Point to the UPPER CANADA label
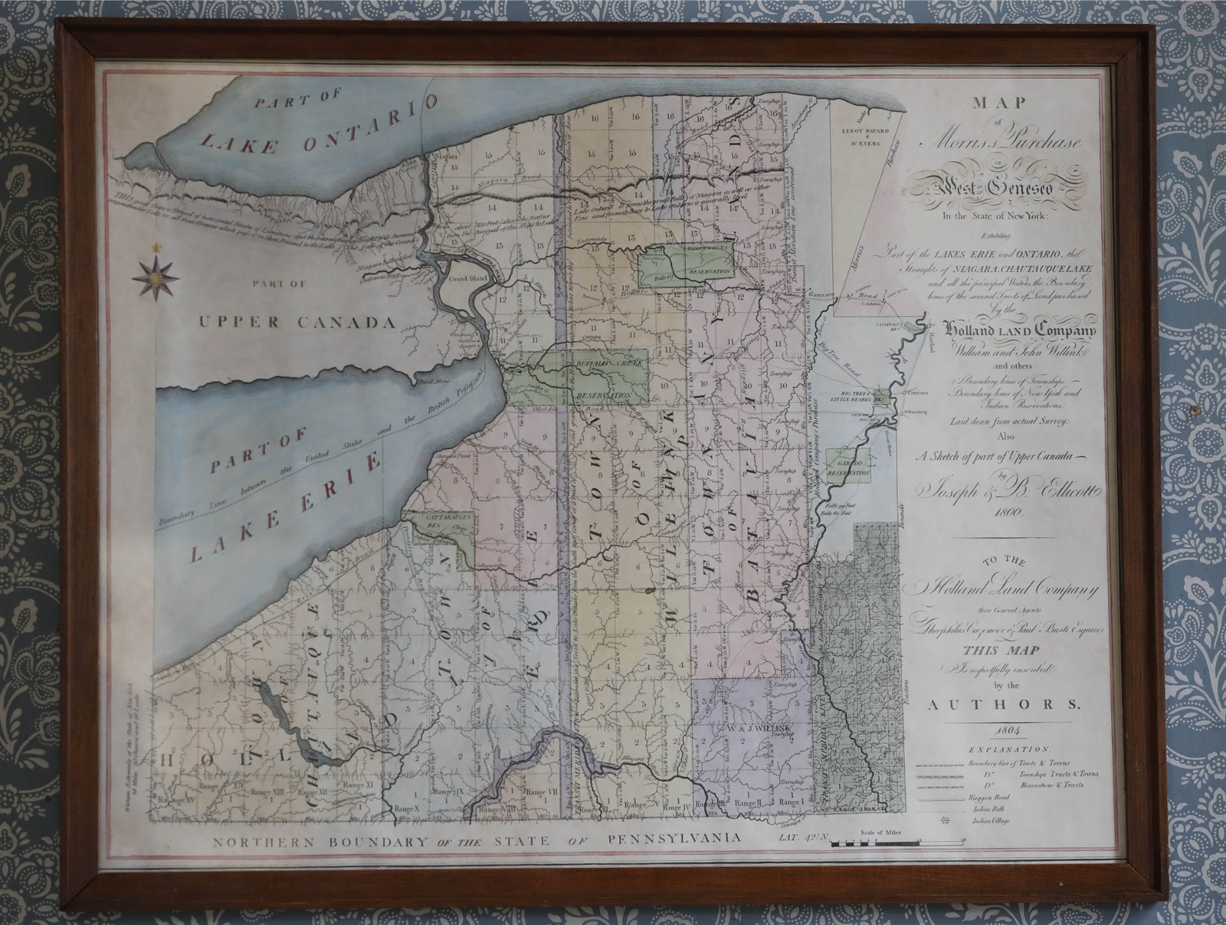[297, 322]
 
